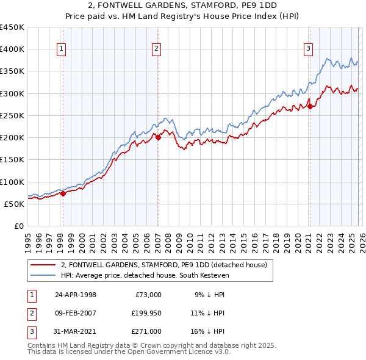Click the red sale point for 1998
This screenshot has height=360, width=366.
pos(63,194)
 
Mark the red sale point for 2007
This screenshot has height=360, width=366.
pos(158,137)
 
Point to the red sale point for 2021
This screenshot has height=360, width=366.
pos(310,106)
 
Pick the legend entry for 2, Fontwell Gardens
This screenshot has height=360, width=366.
pos(163,265)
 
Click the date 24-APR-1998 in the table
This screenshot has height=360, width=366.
pos(75,294)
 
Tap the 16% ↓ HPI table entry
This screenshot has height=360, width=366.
pos(210,331)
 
